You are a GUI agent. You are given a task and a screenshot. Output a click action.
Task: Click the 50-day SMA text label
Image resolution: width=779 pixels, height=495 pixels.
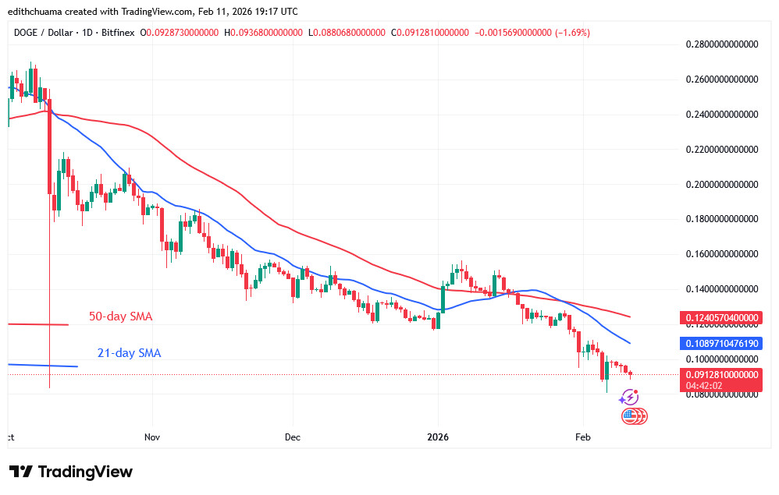click(120, 316)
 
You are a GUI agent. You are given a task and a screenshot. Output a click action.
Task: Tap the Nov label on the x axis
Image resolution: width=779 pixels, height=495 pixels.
click(151, 438)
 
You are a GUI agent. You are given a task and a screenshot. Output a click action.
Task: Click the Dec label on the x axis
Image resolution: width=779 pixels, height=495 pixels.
click(293, 438)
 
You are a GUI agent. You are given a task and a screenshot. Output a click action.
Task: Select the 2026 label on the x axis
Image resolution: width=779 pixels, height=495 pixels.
click(437, 438)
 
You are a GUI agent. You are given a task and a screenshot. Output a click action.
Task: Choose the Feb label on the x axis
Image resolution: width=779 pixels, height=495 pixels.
click(582, 438)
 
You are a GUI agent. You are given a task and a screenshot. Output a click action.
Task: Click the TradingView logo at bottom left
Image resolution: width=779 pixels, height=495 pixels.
click(71, 472)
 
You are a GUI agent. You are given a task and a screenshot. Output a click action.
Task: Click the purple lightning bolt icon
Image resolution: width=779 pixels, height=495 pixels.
click(628, 398)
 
